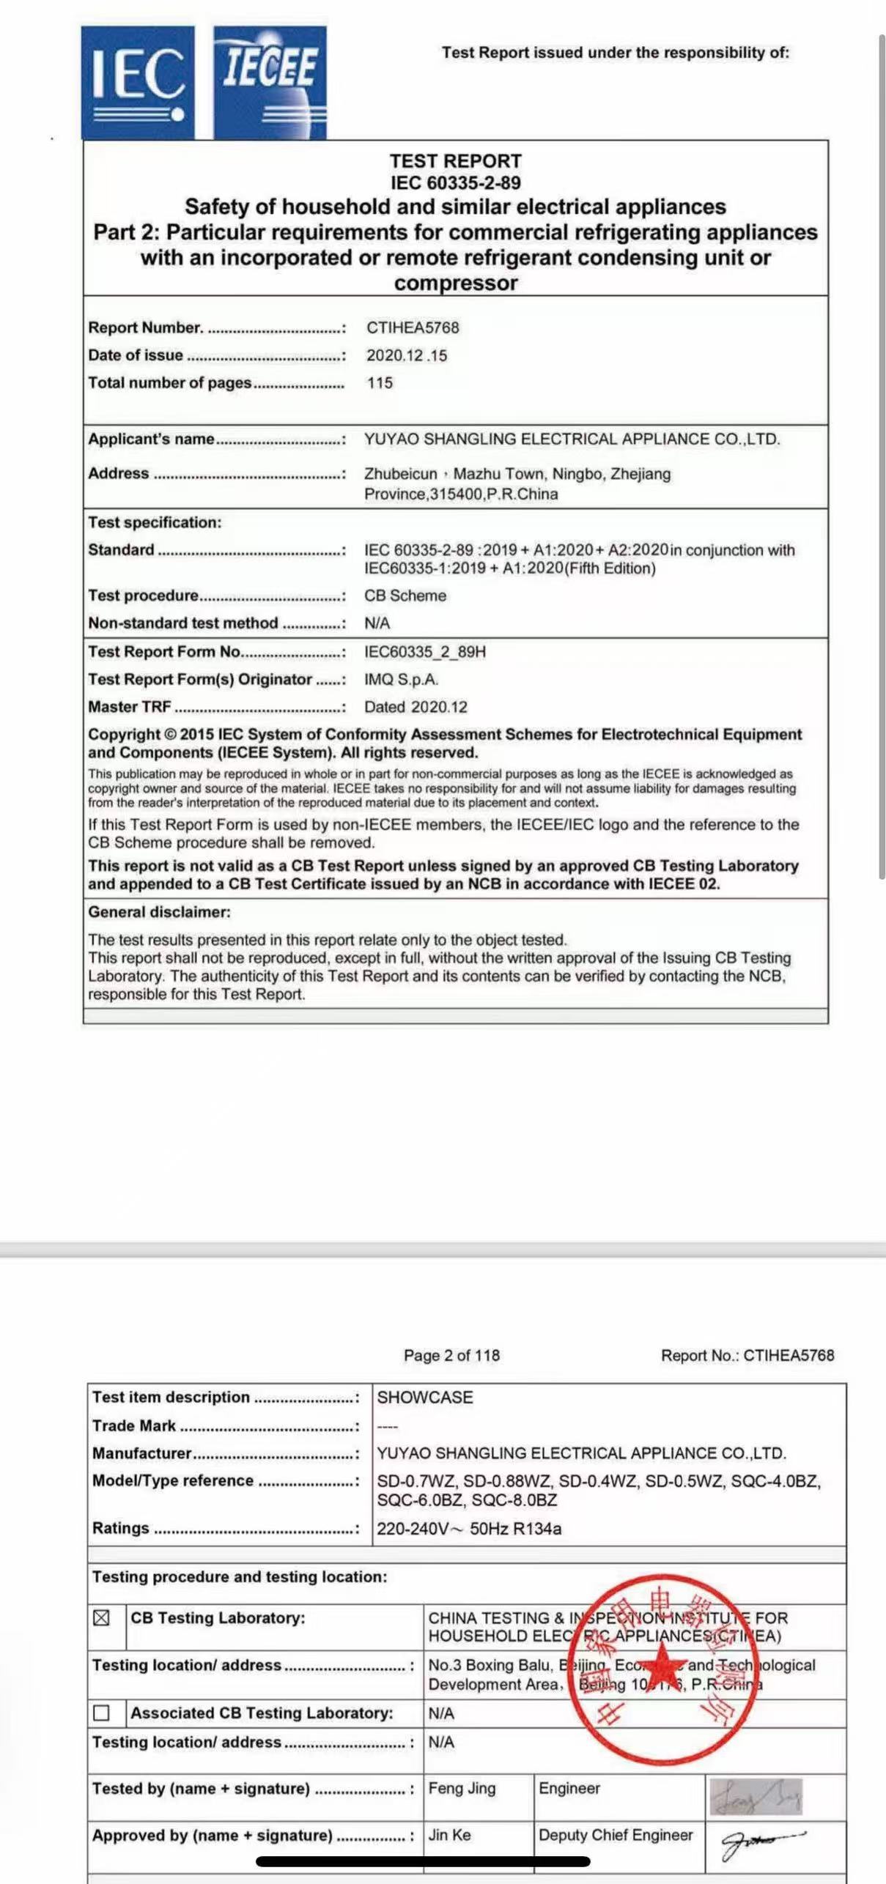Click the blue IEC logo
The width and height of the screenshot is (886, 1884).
(138, 83)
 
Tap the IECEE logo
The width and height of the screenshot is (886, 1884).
(270, 83)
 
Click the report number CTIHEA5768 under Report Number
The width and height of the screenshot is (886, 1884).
(413, 327)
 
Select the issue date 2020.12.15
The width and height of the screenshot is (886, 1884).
(407, 356)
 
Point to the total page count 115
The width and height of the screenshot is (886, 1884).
(380, 383)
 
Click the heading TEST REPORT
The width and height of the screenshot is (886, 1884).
(455, 161)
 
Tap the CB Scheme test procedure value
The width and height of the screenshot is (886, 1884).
(405, 596)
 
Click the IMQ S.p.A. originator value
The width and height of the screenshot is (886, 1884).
(401, 680)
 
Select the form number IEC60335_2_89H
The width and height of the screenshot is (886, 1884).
(425, 652)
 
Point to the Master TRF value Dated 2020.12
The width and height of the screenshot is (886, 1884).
(416, 707)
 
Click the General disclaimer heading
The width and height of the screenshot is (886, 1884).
(159, 912)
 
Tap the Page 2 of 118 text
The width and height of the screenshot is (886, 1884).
(451, 1355)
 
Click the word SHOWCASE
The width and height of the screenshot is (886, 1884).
(425, 1397)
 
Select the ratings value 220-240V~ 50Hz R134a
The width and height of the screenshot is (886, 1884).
(469, 1529)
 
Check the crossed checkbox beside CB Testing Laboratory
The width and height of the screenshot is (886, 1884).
(102, 1617)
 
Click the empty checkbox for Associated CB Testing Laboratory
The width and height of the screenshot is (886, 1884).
(102, 1713)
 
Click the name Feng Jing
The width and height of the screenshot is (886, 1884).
(462, 1788)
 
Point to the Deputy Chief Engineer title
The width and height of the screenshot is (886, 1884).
(616, 1835)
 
